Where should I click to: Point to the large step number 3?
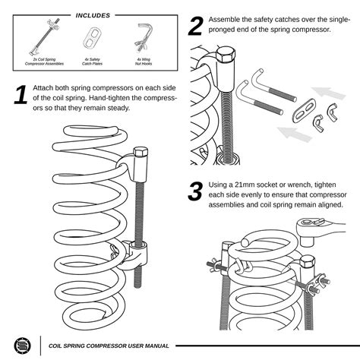195,192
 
